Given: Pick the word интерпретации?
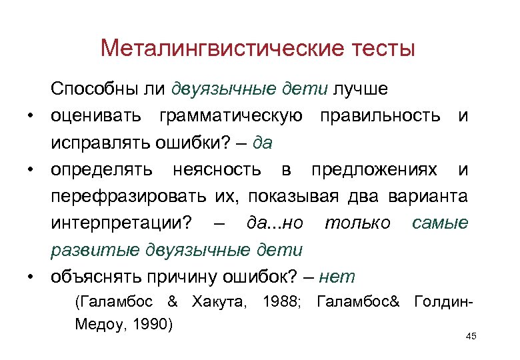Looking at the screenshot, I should click(x=124, y=223).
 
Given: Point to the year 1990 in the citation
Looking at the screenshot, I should click(x=153, y=325).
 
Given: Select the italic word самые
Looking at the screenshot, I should click(x=440, y=223).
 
